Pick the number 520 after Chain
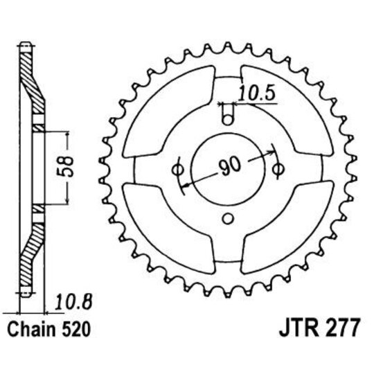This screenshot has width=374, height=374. [72, 327]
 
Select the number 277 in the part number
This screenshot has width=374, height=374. [339, 327]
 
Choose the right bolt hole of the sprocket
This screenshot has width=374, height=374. [280, 168]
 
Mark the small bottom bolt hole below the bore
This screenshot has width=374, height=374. [229, 220]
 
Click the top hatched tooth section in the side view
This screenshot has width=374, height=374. [26, 69]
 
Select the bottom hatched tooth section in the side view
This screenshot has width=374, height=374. [26, 267]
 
